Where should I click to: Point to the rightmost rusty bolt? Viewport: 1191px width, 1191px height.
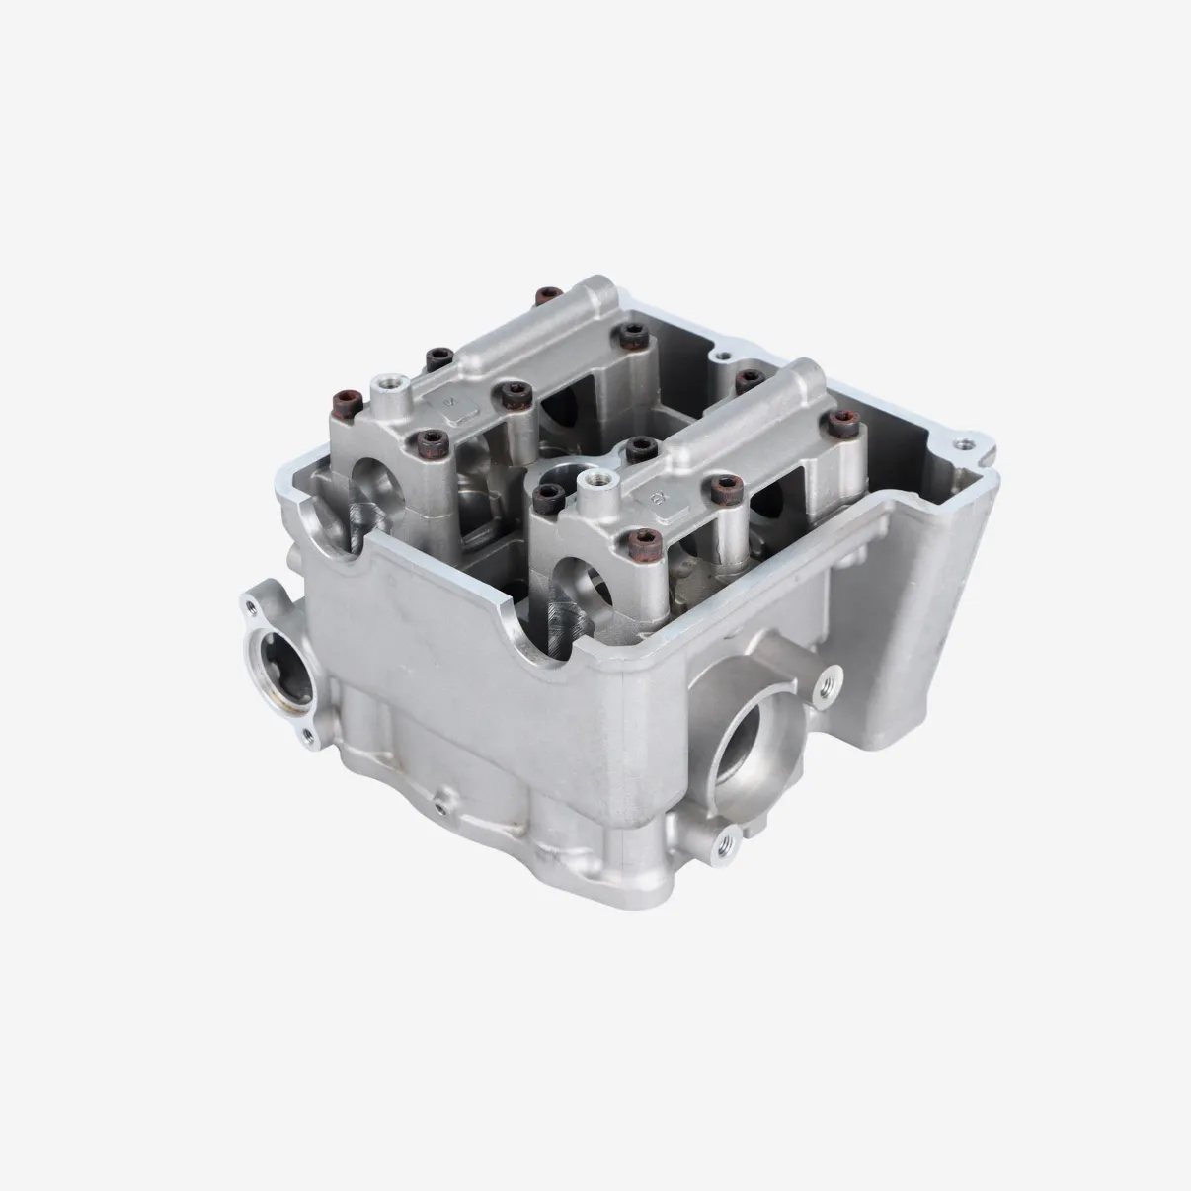coord(842,425)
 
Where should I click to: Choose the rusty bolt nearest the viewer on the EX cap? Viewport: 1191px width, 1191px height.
coord(646,540)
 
